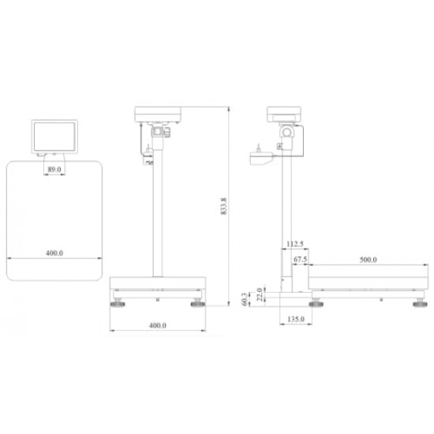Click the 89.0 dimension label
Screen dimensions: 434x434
click(54, 170)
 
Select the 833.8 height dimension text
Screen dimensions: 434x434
click(223, 206)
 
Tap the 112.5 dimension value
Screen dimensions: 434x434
click(295, 244)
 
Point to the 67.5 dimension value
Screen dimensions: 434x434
click(300, 260)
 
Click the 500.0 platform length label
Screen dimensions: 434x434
click(369, 260)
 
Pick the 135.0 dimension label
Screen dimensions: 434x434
click(296, 319)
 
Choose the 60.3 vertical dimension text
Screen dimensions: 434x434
click(244, 299)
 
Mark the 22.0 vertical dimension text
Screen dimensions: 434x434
click(260, 294)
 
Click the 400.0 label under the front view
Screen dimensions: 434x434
click(158, 325)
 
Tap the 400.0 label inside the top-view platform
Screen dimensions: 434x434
click(54, 253)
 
